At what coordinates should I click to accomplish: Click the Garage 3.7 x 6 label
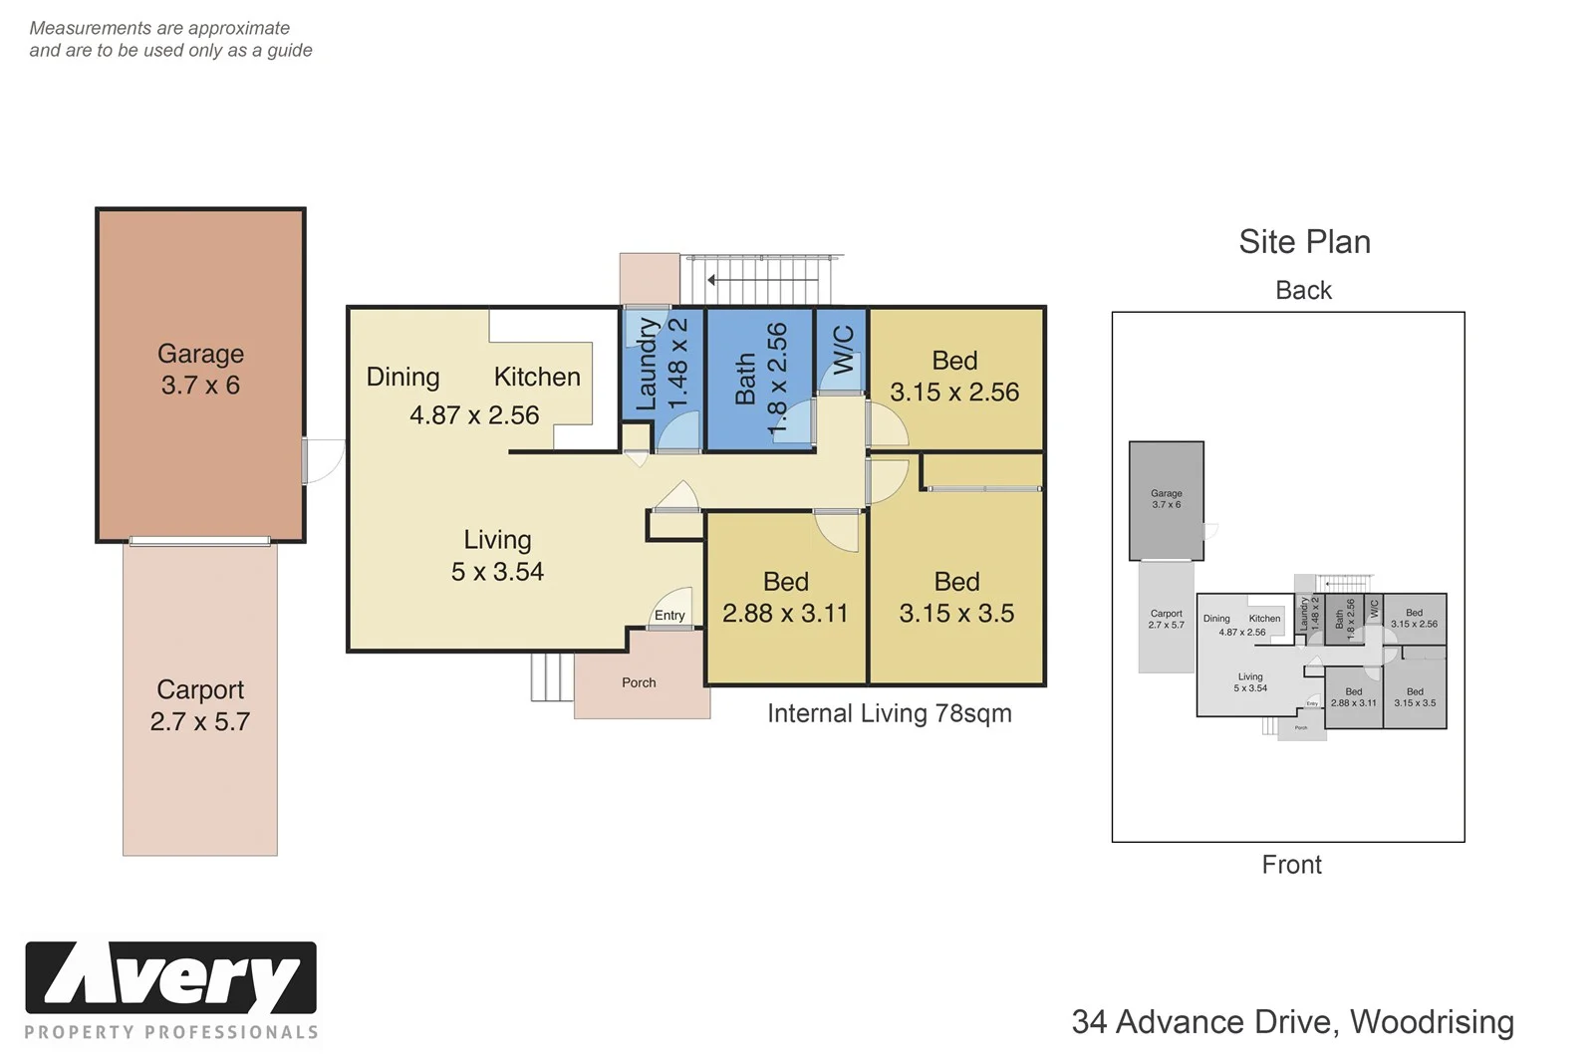(200, 370)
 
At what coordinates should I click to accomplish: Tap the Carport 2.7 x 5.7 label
(200, 705)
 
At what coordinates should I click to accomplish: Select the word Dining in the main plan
(402, 377)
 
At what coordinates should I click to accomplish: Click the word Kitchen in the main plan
(537, 377)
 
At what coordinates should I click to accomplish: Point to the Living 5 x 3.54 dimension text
(497, 571)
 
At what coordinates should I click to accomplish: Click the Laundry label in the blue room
(648, 365)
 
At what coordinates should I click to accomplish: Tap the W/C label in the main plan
(843, 350)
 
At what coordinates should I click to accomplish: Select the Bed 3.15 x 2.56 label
(954, 377)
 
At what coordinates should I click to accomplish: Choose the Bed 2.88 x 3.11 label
(785, 598)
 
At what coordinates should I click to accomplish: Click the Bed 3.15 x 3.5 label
(956, 598)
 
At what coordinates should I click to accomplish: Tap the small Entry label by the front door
(669, 616)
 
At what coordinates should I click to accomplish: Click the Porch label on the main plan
(639, 682)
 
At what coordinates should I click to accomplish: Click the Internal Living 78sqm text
(889, 713)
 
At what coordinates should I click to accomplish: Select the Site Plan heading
(1304, 242)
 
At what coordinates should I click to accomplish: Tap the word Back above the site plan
(1303, 290)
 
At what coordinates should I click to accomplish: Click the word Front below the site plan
(1291, 865)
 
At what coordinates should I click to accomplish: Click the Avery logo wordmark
(170, 978)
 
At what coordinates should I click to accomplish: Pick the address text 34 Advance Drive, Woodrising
(1292, 1022)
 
